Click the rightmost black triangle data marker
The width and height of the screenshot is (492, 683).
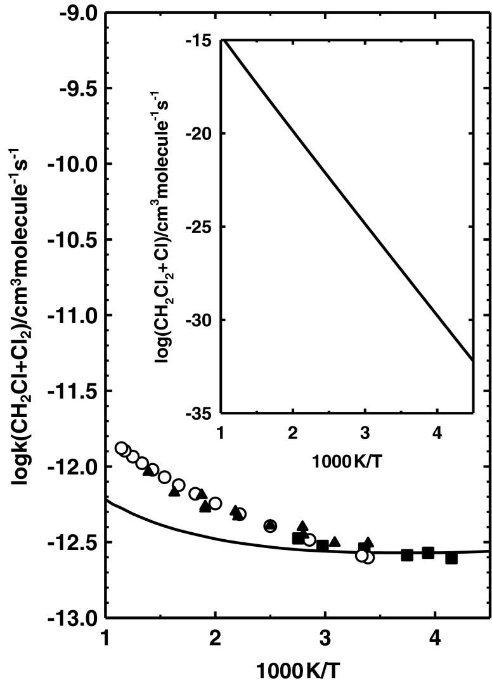[x=368, y=542]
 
